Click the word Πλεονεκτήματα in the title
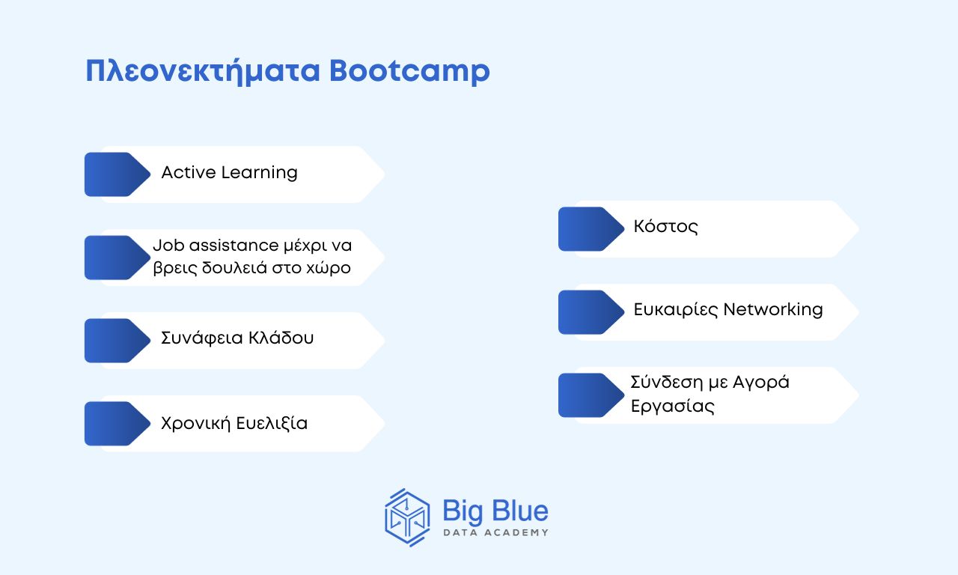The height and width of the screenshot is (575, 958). click(x=203, y=70)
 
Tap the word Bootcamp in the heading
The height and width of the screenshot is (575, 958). click(x=409, y=70)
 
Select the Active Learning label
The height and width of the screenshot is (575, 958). click(x=229, y=173)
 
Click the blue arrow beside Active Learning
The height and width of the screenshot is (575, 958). click(x=118, y=174)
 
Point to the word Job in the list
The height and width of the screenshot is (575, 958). click(x=168, y=246)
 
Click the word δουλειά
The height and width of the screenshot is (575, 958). click(x=234, y=268)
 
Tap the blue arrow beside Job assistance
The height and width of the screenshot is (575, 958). click(x=118, y=258)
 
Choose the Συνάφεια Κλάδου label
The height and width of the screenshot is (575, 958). click(x=237, y=338)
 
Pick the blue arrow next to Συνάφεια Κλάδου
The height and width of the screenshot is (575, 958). click(x=118, y=341)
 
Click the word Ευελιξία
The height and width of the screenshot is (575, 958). click(x=272, y=423)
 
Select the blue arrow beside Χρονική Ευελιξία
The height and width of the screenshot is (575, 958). click(x=118, y=424)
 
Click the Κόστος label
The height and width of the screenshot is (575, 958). click(x=665, y=227)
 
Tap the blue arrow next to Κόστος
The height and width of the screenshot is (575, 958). click(x=591, y=229)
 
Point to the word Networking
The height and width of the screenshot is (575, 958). click(x=773, y=310)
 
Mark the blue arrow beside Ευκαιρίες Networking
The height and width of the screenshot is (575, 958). click(x=591, y=312)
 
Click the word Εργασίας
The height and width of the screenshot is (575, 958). click(x=673, y=406)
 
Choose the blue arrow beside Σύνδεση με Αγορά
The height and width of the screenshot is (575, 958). click(x=591, y=395)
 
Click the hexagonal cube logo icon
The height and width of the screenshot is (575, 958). click(x=408, y=517)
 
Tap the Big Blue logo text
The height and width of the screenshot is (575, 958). click(x=495, y=511)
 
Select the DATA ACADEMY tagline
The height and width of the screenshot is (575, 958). click(x=495, y=532)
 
